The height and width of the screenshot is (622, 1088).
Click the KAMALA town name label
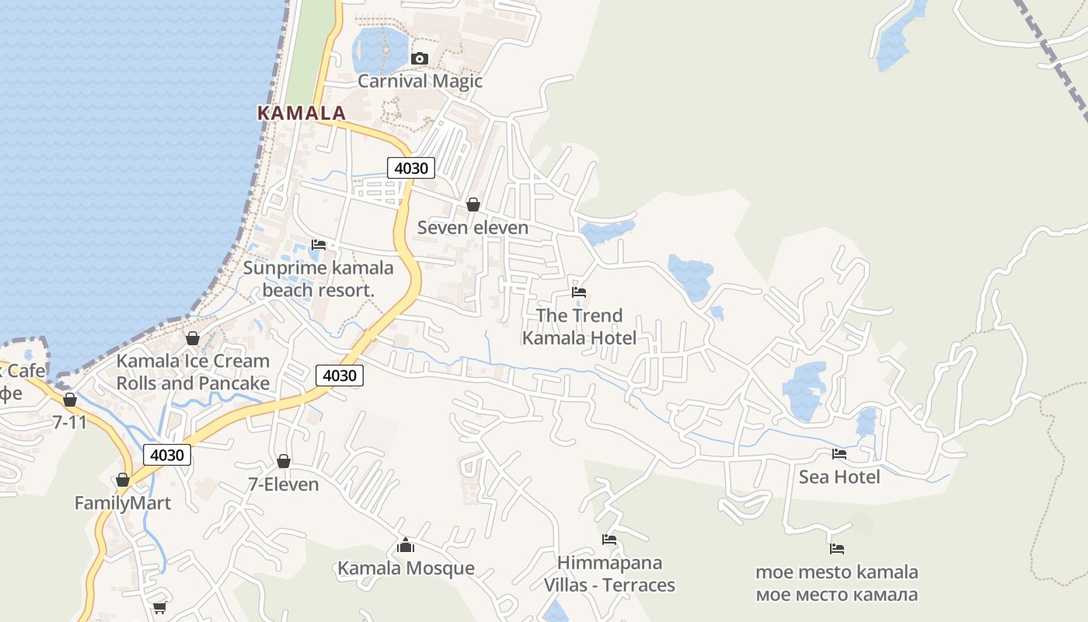tap(301, 113)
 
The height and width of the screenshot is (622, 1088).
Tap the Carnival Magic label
tap(420, 81)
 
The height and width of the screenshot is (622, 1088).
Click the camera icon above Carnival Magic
tap(420, 58)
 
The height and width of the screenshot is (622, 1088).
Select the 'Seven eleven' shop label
tap(473, 227)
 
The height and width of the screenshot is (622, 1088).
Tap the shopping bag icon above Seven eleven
tap(473, 204)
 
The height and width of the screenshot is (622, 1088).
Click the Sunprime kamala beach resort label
tap(319, 279)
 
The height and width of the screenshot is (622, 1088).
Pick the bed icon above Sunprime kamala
tap(319, 245)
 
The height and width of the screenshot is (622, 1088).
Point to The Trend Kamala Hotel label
tap(579, 327)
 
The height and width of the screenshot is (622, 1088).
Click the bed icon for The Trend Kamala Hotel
tap(579, 292)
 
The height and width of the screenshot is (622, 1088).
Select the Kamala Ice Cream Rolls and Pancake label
tap(193, 372)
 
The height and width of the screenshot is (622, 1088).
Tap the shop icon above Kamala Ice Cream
tap(193, 338)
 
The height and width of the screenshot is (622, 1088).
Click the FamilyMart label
tap(123, 503)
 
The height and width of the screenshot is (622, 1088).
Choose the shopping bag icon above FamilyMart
tap(123, 480)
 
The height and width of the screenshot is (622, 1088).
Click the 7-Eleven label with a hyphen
tap(284, 484)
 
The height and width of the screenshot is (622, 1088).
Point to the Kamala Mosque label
tap(406, 568)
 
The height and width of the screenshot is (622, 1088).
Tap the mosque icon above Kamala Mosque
tap(406, 545)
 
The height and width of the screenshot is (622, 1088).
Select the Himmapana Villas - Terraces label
tap(609, 574)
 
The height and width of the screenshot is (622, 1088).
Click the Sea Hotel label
tap(839, 477)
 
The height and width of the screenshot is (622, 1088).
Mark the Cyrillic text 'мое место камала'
tap(837, 595)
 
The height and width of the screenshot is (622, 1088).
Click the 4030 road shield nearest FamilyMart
tap(167, 455)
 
